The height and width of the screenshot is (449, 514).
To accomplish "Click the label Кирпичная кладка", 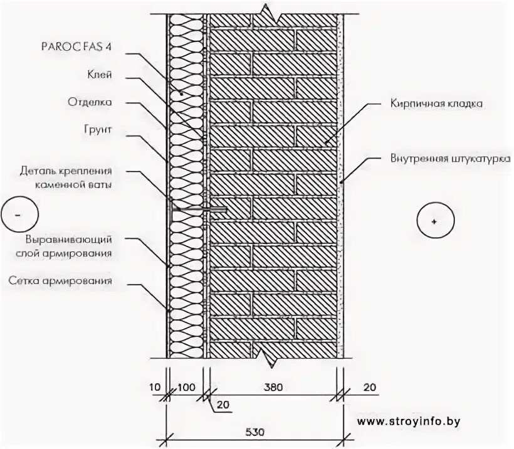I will [436, 103].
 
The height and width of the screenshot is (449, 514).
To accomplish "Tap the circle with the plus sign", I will [434, 221].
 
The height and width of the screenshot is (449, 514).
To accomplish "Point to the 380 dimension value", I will [274, 387].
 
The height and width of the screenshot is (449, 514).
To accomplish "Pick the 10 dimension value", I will [155, 387].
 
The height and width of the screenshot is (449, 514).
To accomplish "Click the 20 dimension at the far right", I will [369, 387].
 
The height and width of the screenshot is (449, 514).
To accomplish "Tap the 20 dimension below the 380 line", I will [223, 405].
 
